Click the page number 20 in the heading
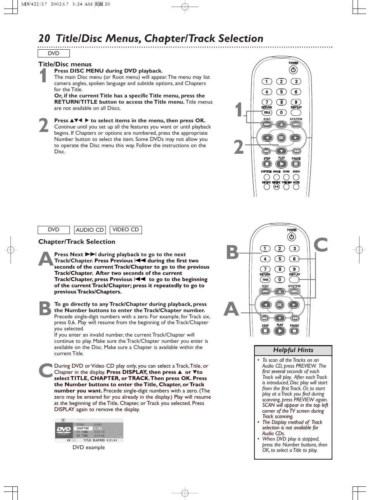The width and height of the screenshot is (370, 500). point(44,38)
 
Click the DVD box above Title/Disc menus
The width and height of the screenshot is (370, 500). point(54,54)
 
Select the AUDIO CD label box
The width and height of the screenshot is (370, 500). point(90,230)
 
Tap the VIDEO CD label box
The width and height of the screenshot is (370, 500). point(126,230)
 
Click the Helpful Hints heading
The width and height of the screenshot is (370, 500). point(293,350)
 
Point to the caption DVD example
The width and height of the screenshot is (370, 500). point(88,447)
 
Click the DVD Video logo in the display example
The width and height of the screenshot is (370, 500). point(64,430)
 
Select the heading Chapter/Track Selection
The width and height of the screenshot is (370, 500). point(77,241)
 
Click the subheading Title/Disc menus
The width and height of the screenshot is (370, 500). point(65,64)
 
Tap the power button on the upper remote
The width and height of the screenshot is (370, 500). point(293,70)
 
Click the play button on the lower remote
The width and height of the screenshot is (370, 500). point(280,331)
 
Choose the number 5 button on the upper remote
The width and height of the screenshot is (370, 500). point(281,92)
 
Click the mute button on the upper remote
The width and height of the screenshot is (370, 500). point(296,187)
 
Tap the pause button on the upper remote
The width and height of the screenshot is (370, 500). point(296,164)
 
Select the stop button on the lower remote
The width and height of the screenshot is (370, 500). point(265,331)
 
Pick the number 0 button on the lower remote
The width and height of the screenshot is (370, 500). point(280,280)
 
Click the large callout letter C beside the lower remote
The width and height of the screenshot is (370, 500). point(321,245)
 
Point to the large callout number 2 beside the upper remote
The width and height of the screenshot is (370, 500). point(239,148)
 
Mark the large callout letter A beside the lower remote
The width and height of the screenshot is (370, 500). point(232,309)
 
